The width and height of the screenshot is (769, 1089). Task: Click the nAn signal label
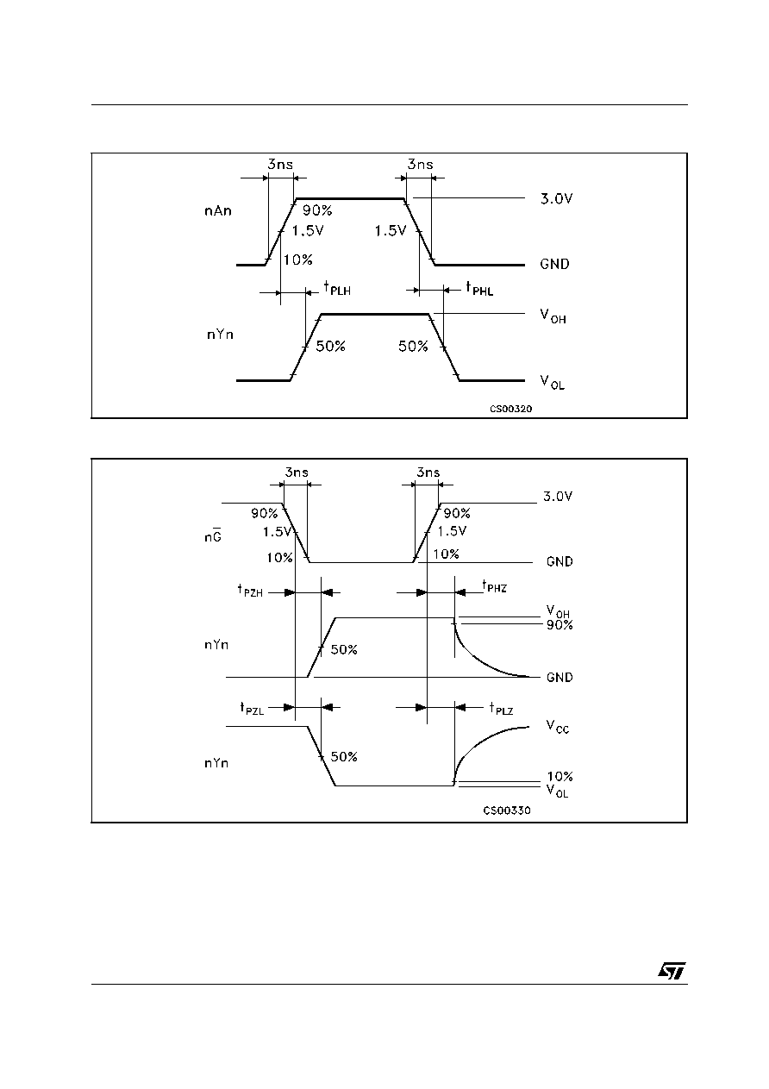218,211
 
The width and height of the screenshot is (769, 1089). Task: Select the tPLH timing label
337,288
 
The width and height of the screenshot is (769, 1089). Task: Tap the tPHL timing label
479,288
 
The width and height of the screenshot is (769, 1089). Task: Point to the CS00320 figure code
510,409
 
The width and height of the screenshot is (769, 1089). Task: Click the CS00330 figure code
507,810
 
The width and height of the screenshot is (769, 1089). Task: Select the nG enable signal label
213,535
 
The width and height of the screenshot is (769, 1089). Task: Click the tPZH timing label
250,591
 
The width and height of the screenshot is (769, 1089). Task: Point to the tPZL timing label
252,709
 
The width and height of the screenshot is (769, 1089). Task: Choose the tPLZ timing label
501,709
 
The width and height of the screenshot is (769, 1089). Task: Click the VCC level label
557,728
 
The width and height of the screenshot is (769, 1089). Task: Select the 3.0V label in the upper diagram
557,198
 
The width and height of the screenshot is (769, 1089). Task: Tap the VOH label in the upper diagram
553,316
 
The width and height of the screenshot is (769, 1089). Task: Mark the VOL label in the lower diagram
557,791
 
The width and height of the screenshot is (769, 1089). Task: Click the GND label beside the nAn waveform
554,264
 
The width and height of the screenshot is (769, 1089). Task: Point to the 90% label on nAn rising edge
317,210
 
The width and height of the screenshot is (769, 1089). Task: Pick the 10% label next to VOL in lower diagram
560,776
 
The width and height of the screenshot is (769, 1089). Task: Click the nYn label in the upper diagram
220,335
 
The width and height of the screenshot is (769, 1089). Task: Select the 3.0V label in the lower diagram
558,497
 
